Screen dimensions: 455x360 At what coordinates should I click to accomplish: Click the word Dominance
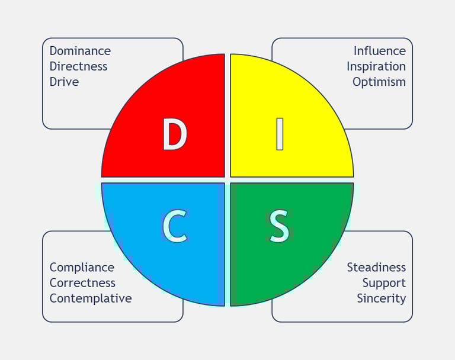[x=80, y=51]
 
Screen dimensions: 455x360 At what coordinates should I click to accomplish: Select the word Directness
[x=78, y=66]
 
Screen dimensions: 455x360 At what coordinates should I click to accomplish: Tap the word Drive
[x=64, y=82]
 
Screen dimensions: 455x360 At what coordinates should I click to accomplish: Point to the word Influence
[x=380, y=51]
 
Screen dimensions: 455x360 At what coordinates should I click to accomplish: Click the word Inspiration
[x=376, y=66]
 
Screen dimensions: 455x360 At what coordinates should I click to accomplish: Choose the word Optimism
[x=379, y=82]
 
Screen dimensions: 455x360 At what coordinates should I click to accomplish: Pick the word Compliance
[x=82, y=268]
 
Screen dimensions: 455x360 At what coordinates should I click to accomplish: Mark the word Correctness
[x=82, y=283]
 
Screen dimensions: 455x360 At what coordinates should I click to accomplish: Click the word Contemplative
[x=91, y=298]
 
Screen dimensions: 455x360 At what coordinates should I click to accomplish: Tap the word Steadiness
[x=376, y=268]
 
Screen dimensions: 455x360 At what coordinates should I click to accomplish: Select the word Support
[x=384, y=283]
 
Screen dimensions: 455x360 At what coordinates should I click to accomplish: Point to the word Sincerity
[x=381, y=298]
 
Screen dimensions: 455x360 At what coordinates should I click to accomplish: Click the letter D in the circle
[x=175, y=135]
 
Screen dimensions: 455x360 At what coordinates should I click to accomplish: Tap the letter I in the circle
[x=280, y=135]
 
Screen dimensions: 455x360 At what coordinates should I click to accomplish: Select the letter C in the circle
[x=175, y=226]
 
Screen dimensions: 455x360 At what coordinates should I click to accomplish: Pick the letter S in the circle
[x=280, y=226]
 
